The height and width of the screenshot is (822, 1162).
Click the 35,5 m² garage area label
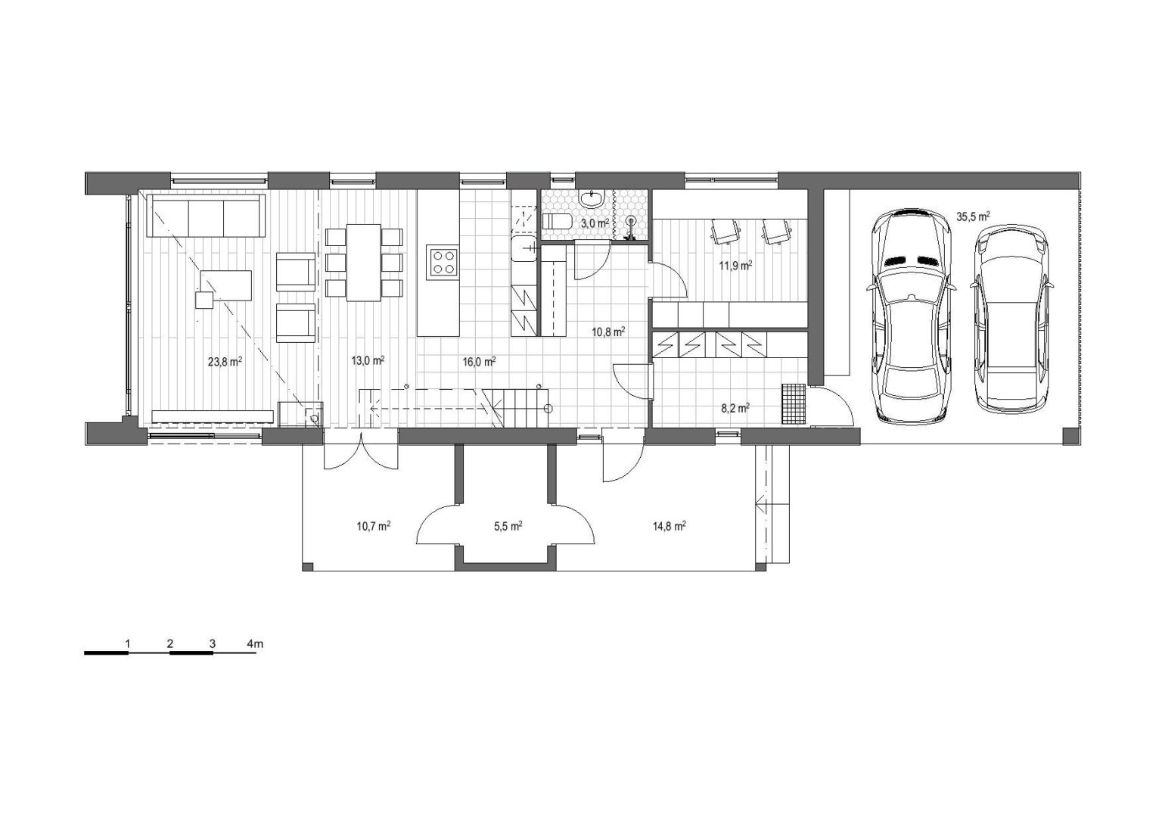[973, 216]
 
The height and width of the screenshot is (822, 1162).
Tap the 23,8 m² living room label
[225, 361]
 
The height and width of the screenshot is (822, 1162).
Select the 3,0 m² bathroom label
[595, 223]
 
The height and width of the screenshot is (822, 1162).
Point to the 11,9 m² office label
[735, 265]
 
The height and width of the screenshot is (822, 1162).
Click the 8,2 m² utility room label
[735, 408]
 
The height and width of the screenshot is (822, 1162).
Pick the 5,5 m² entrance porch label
[508, 526]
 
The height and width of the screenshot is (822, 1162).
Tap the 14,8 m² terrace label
[670, 526]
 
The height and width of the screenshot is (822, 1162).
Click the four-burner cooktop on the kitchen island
[443, 262]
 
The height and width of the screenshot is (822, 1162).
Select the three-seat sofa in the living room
[206, 216]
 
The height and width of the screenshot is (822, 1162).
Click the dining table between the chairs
[364, 263]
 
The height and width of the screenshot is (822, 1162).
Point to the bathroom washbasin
[592, 198]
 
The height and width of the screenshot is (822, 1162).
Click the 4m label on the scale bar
[255, 643]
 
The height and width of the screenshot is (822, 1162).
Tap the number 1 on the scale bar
[128, 643]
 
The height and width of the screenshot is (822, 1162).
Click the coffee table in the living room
[225, 285]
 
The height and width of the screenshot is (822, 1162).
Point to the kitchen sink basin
[523, 249]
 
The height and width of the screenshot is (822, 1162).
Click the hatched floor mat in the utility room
[794, 403]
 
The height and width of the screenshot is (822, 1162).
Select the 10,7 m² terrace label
[374, 526]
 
